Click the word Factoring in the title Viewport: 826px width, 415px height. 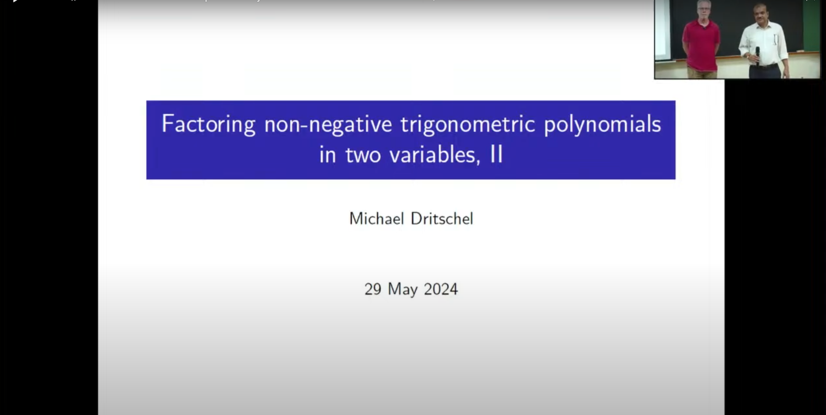(208, 125)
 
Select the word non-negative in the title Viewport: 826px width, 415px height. (328, 124)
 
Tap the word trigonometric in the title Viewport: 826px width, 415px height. (468, 125)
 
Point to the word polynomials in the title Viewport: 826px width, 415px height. (603, 125)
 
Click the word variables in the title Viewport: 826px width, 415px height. (434, 155)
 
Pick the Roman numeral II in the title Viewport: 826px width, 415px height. (496, 154)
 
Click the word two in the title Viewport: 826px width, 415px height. (363, 155)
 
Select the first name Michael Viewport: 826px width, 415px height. (377, 218)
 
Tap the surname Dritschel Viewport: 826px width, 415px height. (442, 218)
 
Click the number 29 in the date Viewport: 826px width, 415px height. (373, 289)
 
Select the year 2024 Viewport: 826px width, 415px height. (441, 289)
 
